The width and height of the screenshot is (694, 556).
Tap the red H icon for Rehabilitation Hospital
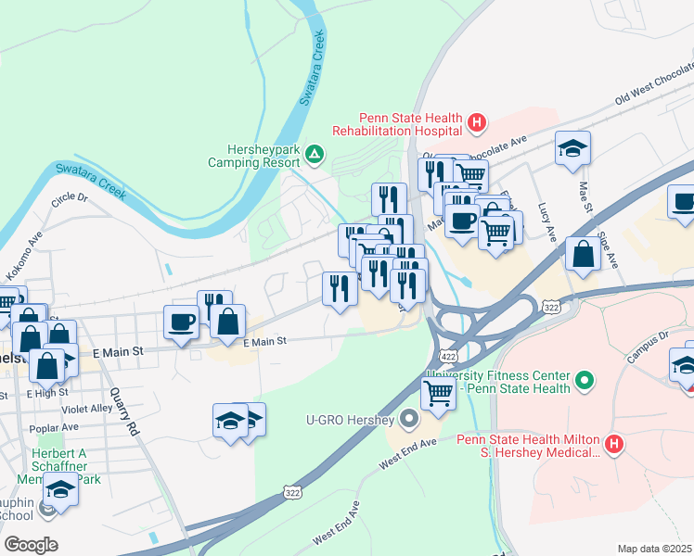pyautogui.click(x=476, y=121)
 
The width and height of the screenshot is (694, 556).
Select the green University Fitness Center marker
pyautogui.click(x=584, y=380)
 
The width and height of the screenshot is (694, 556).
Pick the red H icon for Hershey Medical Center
pyautogui.click(x=612, y=445)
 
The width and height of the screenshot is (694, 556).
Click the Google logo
pyautogui.click(x=31, y=544)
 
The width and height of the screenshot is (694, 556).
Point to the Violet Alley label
pyautogui.click(x=86, y=409)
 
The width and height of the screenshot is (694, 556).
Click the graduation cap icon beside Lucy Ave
pyautogui.click(x=572, y=148)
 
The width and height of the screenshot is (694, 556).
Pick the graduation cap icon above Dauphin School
pyautogui.click(x=60, y=488)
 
